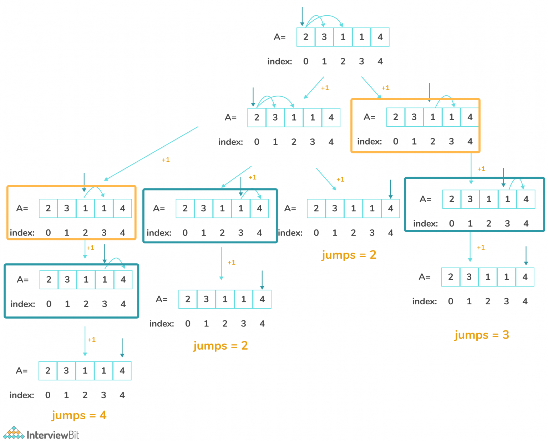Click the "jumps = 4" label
pos(79,415)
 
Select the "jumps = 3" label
pos(482,335)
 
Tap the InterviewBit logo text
pos(53,435)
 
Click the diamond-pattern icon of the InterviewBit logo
pos(14,433)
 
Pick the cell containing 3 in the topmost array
pos(324,37)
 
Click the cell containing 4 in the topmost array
pos(380,37)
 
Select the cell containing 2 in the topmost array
pos(306,37)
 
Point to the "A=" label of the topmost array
pos(280,37)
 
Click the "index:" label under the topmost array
pos(280,61)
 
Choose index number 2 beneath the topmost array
pos(343,61)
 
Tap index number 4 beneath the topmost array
pos(380,61)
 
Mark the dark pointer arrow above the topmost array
pos(302,16)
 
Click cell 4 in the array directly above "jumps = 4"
pos(122,371)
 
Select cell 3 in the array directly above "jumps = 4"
pos(66,371)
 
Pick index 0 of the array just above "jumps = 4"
pos(48,395)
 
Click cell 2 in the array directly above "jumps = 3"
pos(451,277)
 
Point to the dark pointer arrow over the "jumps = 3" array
pos(526,255)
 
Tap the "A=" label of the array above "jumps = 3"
pos(425,277)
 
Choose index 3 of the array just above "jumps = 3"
pos(506,301)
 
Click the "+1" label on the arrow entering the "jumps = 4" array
pos(92,340)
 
